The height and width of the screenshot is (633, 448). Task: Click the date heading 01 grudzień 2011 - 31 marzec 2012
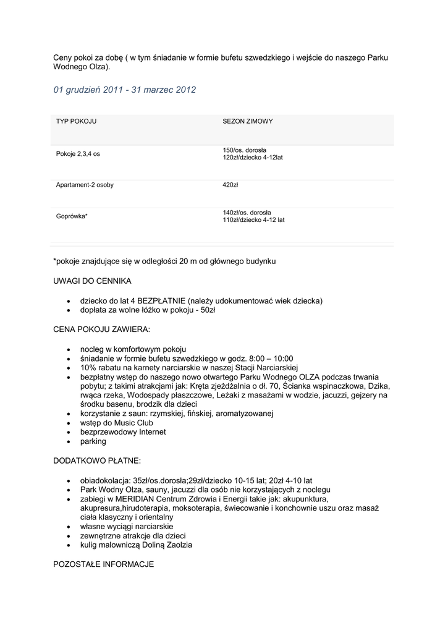tap(125, 90)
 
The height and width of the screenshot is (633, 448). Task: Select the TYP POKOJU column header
tap(76, 121)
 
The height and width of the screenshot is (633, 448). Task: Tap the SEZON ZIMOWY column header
tap(247, 121)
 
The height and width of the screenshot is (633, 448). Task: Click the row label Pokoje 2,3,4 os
tap(78, 154)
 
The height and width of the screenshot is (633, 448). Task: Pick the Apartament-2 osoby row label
tap(85, 185)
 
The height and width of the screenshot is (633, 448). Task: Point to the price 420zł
tap(230, 185)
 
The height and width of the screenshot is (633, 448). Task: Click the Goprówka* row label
tap(72, 216)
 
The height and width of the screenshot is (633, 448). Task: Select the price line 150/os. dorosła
tap(244, 150)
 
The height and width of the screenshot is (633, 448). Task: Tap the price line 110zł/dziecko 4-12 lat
tap(253, 219)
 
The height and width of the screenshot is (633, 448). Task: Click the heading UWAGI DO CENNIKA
tap(93, 281)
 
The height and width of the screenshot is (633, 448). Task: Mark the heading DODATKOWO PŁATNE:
tap(97, 461)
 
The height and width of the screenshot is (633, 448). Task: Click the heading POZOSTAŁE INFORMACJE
tap(104, 564)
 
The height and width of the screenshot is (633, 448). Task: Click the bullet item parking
tap(93, 441)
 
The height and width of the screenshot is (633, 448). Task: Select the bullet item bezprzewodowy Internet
tap(123, 432)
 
